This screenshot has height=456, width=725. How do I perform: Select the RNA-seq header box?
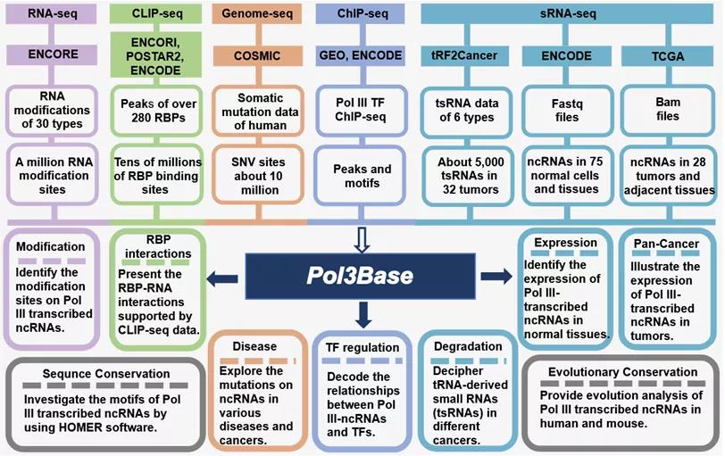(51, 14)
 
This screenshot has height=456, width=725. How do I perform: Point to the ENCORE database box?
(51, 55)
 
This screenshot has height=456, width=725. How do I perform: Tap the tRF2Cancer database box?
(463, 55)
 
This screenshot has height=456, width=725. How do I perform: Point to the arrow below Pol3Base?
(362, 312)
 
